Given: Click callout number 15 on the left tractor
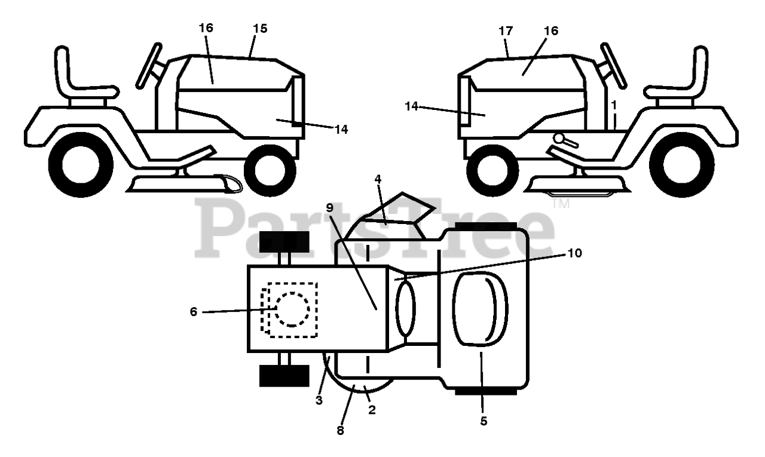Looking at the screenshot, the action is [x=260, y=28].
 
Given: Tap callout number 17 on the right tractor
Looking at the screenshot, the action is [x=506, y=30].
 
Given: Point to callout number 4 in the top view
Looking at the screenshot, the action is [x=378, y=178].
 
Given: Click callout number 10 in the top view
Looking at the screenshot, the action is [x=574, y=253].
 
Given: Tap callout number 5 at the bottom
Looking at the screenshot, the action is [x=484, y=421].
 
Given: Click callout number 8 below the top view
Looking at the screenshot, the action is [x=340, y=430].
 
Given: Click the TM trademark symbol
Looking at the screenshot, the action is [x=562, y=204].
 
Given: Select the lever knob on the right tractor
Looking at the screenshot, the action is [x=559, y=139].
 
